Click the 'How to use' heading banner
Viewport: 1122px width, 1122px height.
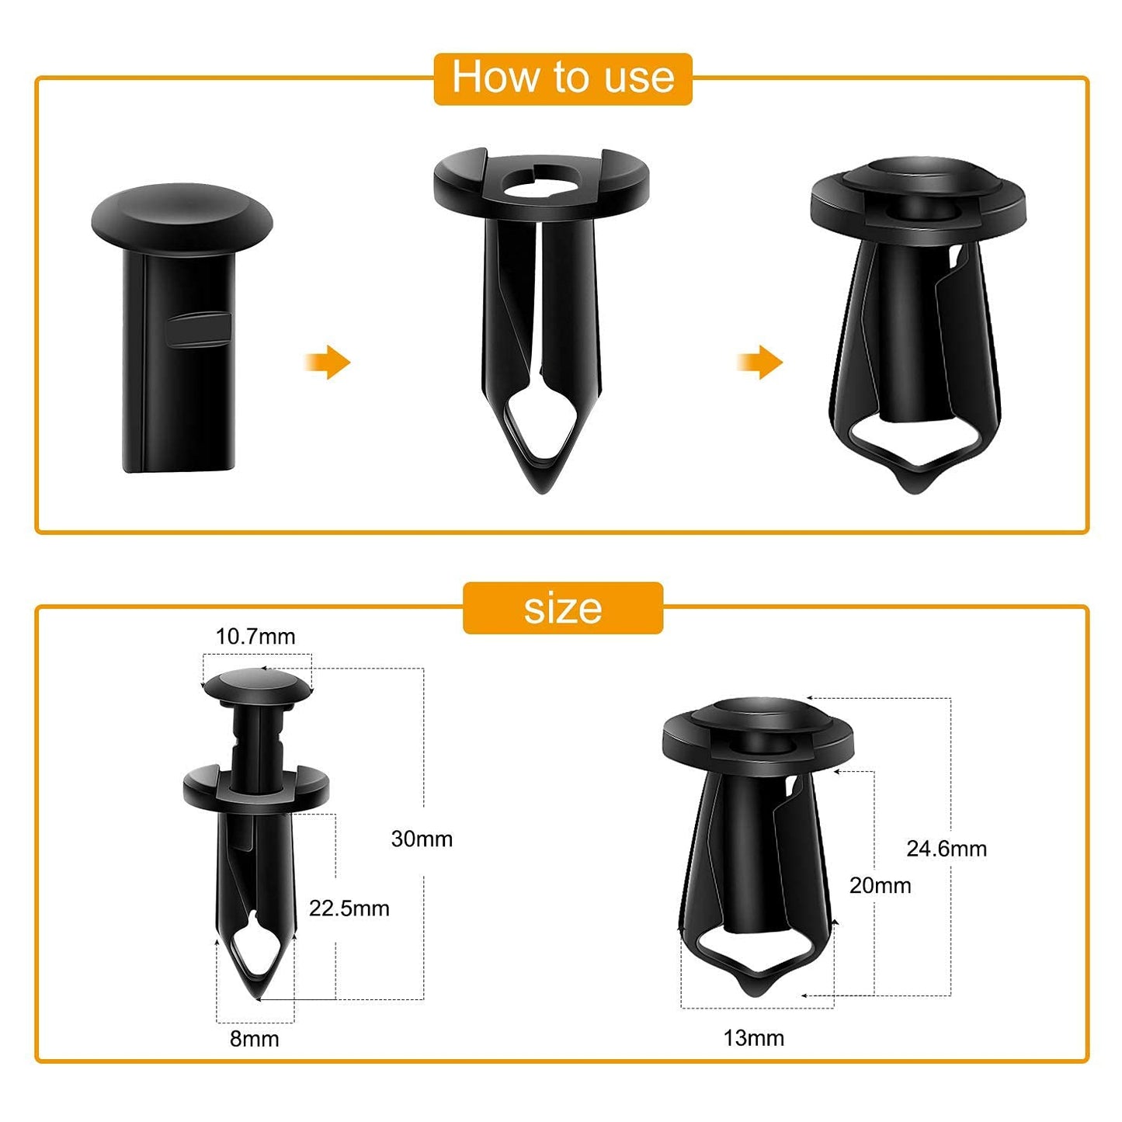[x=562, y=78]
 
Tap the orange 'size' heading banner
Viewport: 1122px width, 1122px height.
[x=562, y=608]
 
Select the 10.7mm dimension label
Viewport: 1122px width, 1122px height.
[x=255, y=637]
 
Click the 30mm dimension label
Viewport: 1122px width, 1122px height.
[x=422, y=839]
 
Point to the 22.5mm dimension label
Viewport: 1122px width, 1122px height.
[x=349, y=908]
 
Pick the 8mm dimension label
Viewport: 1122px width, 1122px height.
[x=254, y=1039]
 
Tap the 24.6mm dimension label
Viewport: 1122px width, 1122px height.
[x=947, y=849]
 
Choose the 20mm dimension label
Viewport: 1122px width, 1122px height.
[x=880, y=885]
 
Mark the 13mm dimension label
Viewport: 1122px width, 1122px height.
[x=753, y=1038]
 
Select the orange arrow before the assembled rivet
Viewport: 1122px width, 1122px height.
[x=760, y=362]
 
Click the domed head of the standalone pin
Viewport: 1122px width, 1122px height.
[x=182, y=210]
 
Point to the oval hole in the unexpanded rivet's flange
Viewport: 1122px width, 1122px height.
[x=541, y=179]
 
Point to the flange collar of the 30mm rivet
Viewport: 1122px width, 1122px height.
[x=255, y=787]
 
